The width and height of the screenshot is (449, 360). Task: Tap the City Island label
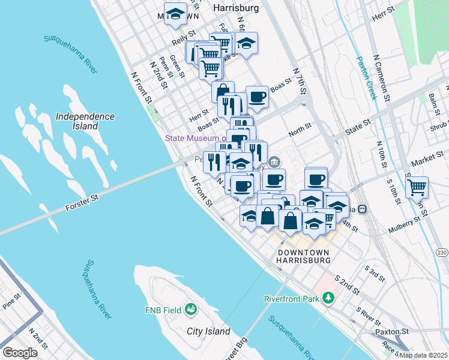coord(208,331)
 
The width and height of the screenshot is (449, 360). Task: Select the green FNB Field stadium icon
coord(191,310)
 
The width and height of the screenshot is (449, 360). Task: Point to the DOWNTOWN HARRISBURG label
coord(304,257)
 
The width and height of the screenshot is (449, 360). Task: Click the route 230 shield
coord(442,252)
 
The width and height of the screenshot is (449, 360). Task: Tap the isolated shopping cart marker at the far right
coord(417,187)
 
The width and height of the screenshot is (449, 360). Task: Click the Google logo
coord(20,353)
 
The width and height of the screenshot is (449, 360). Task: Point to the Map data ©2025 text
coord(423,355)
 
